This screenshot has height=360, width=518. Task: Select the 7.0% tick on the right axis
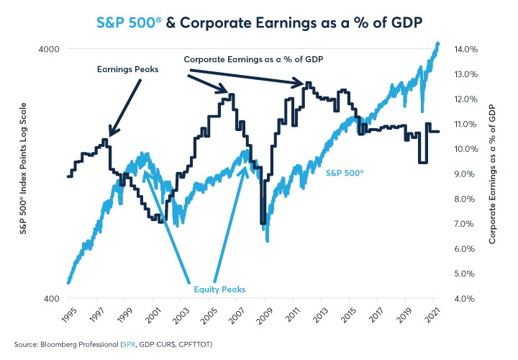[x=465, y=224]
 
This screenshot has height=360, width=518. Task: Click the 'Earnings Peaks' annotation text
[x=127, y=69]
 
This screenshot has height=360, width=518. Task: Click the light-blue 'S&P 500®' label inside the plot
[x=345, y=174]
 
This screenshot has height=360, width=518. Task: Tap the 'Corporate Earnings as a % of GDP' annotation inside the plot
[x=253, y=58]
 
